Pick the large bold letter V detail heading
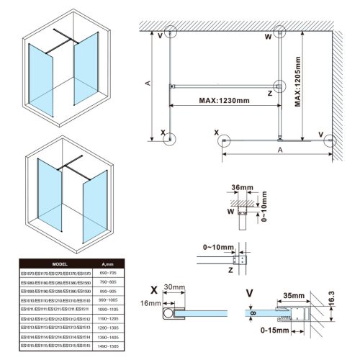(248, 293)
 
